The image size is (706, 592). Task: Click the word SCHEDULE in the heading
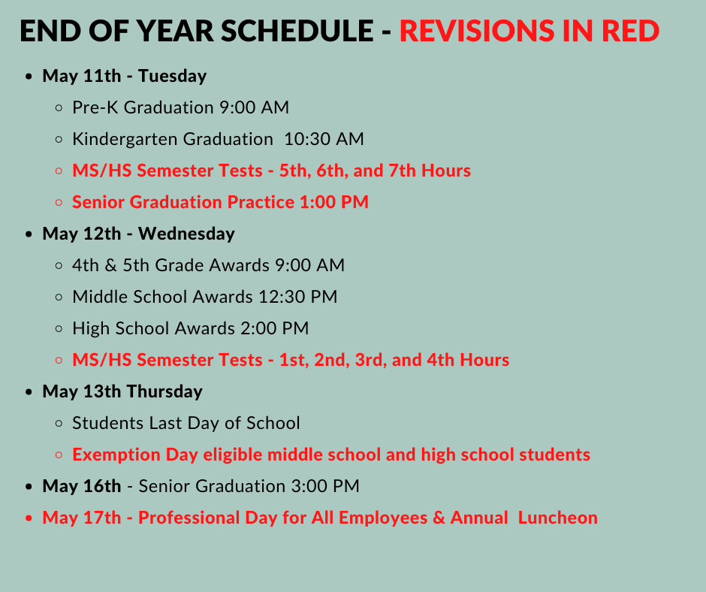coord(297,31)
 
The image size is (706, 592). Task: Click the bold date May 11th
coord(82,76)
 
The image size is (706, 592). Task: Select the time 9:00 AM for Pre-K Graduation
coord(254,107)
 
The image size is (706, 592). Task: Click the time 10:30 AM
coord(324,139)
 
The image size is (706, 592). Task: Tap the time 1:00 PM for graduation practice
coord(333,202)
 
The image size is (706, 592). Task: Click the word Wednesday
coord(186,234)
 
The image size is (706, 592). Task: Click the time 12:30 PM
coord(297,297)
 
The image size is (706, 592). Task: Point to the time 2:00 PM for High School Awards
coord(275,328)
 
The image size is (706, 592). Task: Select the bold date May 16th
coord(82,486)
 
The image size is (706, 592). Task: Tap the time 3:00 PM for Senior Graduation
coord(325,486)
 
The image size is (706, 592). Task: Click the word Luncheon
coord(557,518)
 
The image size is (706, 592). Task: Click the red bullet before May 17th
coord(29,518)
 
